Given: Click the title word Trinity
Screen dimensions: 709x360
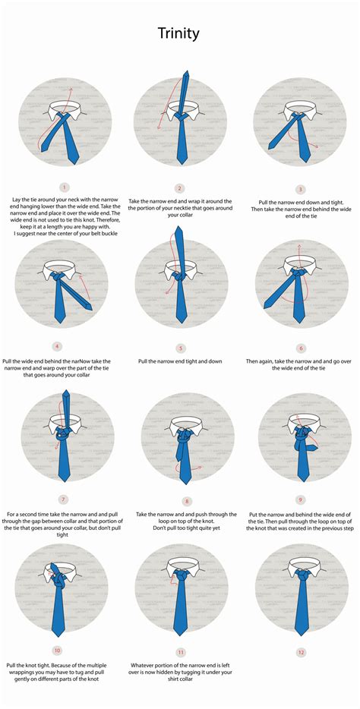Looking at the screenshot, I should (179, 33).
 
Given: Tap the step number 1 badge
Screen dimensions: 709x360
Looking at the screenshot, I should (65, 187).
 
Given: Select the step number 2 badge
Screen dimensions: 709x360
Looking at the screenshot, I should (180, 188).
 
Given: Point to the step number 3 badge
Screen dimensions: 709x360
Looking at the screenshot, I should (301, 189).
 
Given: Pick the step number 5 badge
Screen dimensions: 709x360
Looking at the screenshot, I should (180, 348).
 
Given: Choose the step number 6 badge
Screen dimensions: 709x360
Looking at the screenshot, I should (301, 348).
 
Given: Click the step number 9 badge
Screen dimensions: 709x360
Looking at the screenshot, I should (301, 499).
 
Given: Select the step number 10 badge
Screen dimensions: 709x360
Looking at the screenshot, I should (58, 650).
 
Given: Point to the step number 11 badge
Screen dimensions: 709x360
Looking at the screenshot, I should (180, 652).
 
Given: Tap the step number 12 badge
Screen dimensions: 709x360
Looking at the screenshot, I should (301, 652).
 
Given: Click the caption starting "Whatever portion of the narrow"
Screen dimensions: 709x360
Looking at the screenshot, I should (180, 668).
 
